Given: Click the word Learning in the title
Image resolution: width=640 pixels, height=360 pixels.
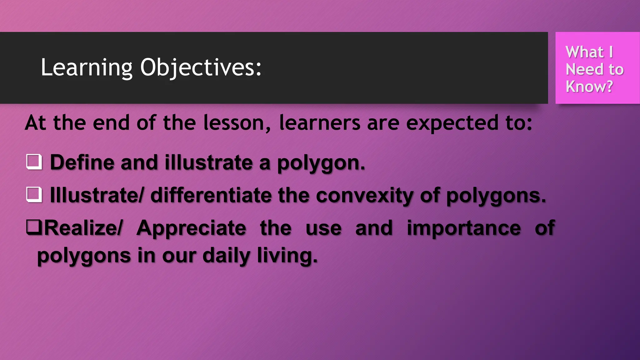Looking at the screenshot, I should click(87, 68).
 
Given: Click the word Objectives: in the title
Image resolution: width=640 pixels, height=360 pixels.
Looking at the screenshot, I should click(201, 68).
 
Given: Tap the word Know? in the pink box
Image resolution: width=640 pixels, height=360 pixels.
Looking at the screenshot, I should click(589, 87).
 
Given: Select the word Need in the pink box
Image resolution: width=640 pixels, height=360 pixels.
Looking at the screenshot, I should click(580, 69).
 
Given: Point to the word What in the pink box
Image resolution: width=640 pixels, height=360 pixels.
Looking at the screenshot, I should click(584, 52).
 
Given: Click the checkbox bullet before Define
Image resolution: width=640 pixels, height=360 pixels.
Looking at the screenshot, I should click(34, 162).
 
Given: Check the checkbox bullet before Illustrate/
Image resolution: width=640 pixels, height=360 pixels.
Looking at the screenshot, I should click(34, 194).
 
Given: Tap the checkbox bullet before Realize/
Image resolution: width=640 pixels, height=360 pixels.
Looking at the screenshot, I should click(34, 227).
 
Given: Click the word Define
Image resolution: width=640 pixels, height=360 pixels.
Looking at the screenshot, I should click(82, 162).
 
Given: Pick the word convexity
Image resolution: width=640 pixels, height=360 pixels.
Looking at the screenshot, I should click(364, 196).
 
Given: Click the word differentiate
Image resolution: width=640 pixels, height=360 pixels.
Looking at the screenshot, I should click(211, 195).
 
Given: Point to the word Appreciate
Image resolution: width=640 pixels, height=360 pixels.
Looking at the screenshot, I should click(191, 228).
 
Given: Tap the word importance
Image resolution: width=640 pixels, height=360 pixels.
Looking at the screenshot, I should click(463, 228).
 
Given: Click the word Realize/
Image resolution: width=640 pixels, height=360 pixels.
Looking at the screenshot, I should click(83, 228).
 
